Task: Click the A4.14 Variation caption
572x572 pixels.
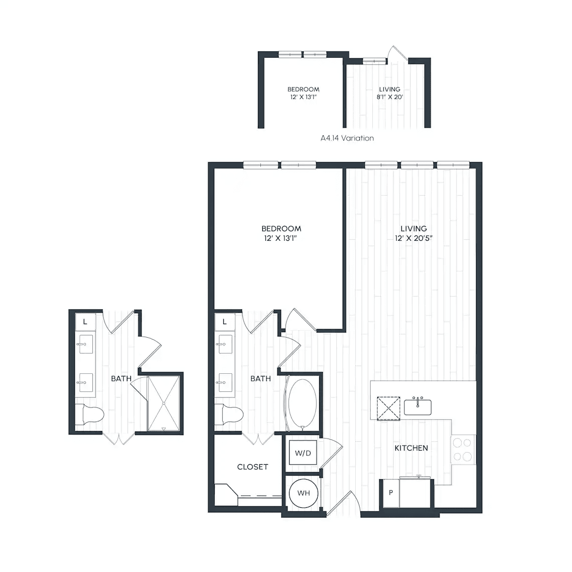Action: (347, 138)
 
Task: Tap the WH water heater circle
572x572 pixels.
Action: (304, 493)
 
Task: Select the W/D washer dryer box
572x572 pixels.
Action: (303, 453)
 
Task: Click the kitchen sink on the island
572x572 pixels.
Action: (417, 407)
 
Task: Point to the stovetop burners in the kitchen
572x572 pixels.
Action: (463, 450)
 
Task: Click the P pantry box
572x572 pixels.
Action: (391, 493)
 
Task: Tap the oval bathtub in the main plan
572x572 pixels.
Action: (303, 403)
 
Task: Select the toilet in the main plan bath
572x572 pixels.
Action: (229, 414)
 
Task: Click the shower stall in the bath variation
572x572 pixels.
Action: (164, 403)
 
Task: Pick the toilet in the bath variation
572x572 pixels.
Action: (90, 414)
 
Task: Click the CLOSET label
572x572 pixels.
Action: (252, 467)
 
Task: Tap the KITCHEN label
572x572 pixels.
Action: (411, 448)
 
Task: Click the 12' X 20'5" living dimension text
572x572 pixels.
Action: (413, 238)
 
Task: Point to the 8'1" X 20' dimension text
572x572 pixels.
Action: (389, 97)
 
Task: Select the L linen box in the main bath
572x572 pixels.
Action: (224, 322)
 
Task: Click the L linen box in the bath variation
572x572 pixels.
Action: (85, 322)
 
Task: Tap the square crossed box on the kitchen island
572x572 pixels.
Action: (388, 408)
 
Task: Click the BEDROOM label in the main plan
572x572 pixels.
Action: (281, 229)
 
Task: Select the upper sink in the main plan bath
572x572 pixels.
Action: (225, 344)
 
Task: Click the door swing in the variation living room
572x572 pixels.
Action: (397, 53)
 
